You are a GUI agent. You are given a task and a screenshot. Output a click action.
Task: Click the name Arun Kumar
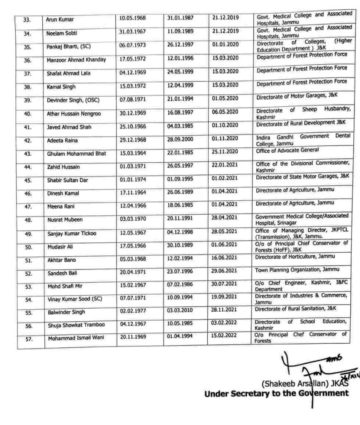click(57, 20)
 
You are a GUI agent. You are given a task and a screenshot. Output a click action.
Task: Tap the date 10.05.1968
click(132, 19)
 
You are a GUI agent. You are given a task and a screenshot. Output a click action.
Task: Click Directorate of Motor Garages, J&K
click(297, 97)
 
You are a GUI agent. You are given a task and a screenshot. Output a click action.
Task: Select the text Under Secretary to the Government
click(276, 393)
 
